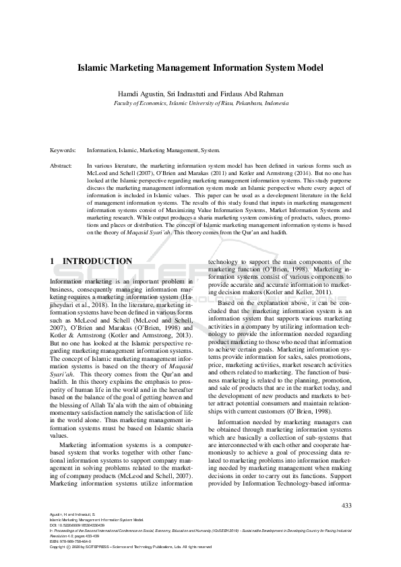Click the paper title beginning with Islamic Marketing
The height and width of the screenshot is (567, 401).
tap(200, 68)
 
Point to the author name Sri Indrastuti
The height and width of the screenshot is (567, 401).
tap(190, 94)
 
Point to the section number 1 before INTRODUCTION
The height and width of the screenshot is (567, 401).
tap(53, 261)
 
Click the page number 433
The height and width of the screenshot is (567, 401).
tap(346, 505)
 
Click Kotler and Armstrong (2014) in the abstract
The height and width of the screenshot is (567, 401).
tap(267, 172)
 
